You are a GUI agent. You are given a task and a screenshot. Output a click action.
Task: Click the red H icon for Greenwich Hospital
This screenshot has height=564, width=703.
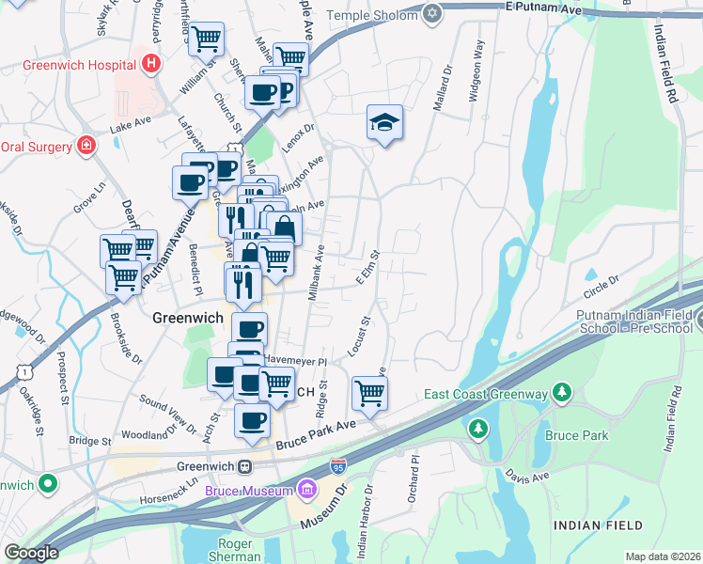[x=152, y=65]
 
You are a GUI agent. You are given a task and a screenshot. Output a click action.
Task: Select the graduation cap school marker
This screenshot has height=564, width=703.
[x=384, y=122]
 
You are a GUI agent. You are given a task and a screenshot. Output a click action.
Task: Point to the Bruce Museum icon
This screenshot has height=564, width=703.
[x=306, y=488]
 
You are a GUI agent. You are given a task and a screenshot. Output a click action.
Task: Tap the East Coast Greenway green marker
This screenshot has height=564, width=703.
[x=562, y=391]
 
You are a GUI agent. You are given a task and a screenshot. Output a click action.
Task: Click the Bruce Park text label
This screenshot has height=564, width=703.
[x=576, y=435]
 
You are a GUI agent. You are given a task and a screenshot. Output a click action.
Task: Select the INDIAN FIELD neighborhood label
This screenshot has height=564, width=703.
[x=600, y=525]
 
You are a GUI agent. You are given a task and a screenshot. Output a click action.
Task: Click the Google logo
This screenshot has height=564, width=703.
[x=30, y=553]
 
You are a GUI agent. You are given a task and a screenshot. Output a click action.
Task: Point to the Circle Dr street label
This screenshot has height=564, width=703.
[x=603, y=279]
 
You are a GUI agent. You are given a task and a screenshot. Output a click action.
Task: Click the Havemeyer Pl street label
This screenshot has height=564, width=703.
[x=294, y=361]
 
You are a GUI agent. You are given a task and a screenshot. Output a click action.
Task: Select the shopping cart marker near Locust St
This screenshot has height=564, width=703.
[x=369, y=392]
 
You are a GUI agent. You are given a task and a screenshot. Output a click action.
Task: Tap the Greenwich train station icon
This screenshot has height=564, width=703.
[x=244, y=466]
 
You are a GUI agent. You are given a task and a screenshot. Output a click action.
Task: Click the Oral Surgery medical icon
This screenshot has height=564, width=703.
[x=86, y=145]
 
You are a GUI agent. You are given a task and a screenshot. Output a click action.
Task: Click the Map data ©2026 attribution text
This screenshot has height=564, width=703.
[x=663, y=556]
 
